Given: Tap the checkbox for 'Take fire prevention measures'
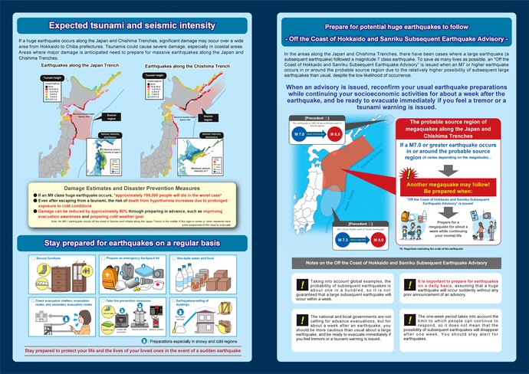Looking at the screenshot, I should coord(104,301).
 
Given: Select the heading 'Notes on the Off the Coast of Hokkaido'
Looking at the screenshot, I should coord(395,264).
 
